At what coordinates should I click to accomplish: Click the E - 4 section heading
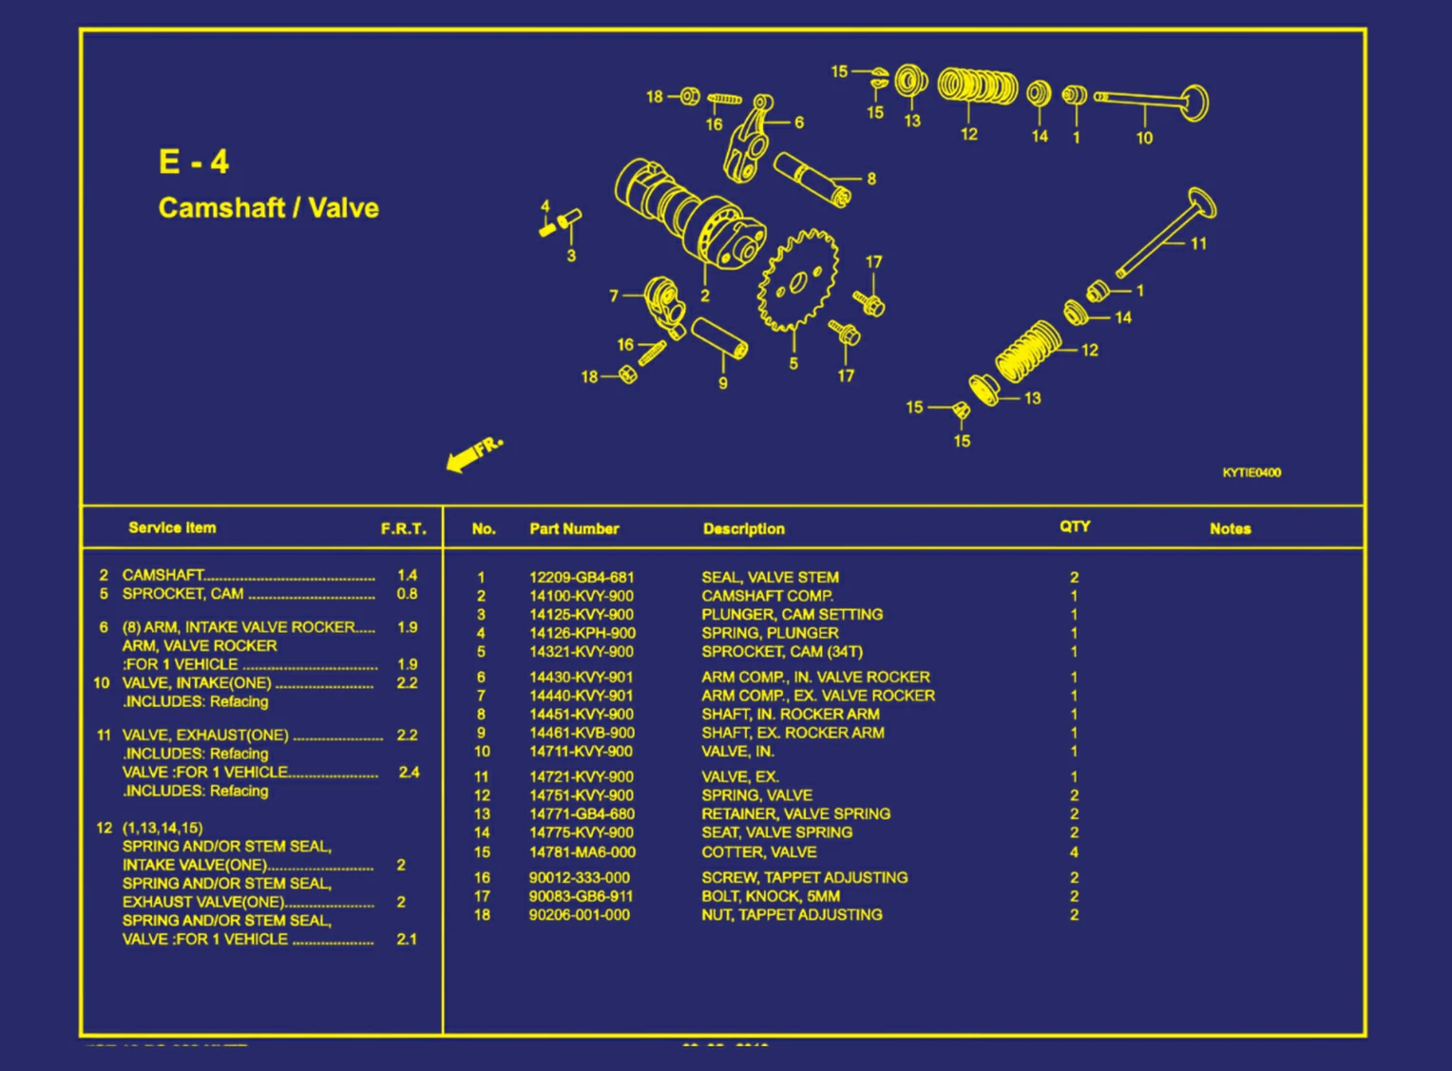tap(194, 162)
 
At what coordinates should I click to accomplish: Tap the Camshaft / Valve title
tap(268, 207)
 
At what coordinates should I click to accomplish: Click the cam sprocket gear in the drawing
tap(798, 280)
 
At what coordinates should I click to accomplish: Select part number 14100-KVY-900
tap(581, 596)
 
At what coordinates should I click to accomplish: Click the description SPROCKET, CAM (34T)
tap(781, 652)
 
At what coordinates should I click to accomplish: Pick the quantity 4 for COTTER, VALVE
tap(1074, 852)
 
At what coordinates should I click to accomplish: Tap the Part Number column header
tap(574, 528)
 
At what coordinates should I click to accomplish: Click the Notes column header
tap(1230, 528)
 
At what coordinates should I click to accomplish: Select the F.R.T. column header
tap(404, 528)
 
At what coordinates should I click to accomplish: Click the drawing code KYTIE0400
tap(1251, 472)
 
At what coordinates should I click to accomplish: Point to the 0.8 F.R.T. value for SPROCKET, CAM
tap(407, 594)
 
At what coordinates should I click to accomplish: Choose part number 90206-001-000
tap(579, 915)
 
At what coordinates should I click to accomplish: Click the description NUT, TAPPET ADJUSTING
tap(792, 915)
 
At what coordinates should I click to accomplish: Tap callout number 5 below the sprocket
tap(793, 364)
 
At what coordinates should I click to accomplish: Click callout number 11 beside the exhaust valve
tap(1198, 244)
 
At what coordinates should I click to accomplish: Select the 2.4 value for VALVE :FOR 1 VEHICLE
tap(409, 773)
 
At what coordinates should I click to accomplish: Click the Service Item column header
tap(172, 527)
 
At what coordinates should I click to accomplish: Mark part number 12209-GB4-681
tap(581, 577)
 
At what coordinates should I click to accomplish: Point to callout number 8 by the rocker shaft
tap(871, 179)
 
